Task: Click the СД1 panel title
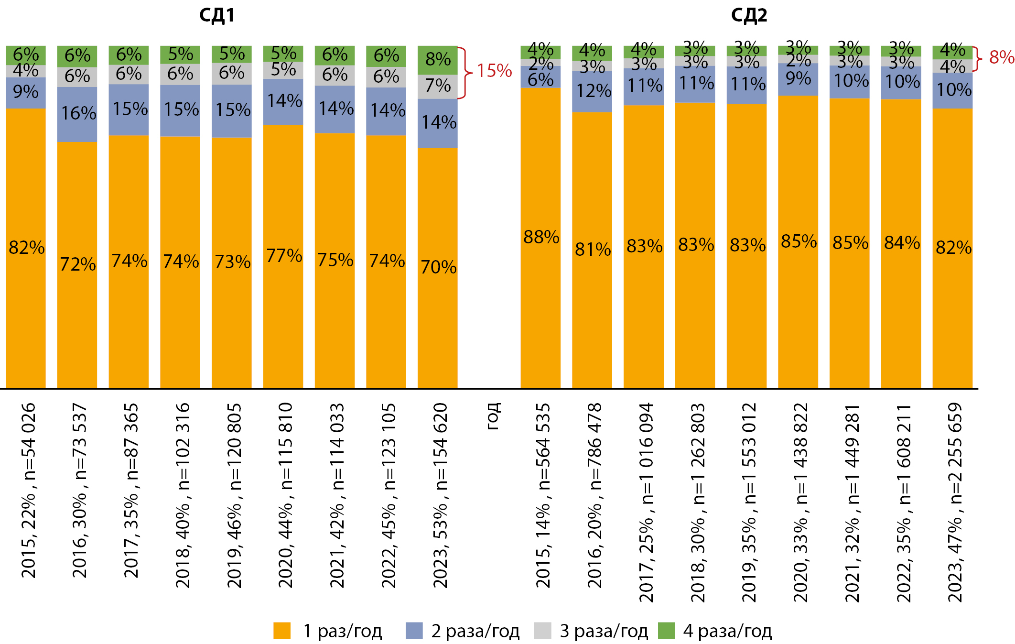click(216, 15)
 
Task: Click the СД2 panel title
click(749, 15)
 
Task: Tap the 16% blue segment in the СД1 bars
click(77, 114)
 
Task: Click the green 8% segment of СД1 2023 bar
click(437, 60)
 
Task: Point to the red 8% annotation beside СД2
click(1001, 57)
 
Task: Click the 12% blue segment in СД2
click(592, 91)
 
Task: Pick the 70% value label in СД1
click(438, 267)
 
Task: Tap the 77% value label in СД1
click(284, 256)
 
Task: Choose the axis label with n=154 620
click(440, 495)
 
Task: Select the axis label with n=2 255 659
click(954, 502)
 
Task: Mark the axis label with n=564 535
click(543, 495)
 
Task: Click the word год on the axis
click(493, 416)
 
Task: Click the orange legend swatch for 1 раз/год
click(282, 631)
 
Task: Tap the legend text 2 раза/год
click(475, 631)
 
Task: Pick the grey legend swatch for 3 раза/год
click(542, 631)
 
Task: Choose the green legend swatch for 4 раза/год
click(666, 631)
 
